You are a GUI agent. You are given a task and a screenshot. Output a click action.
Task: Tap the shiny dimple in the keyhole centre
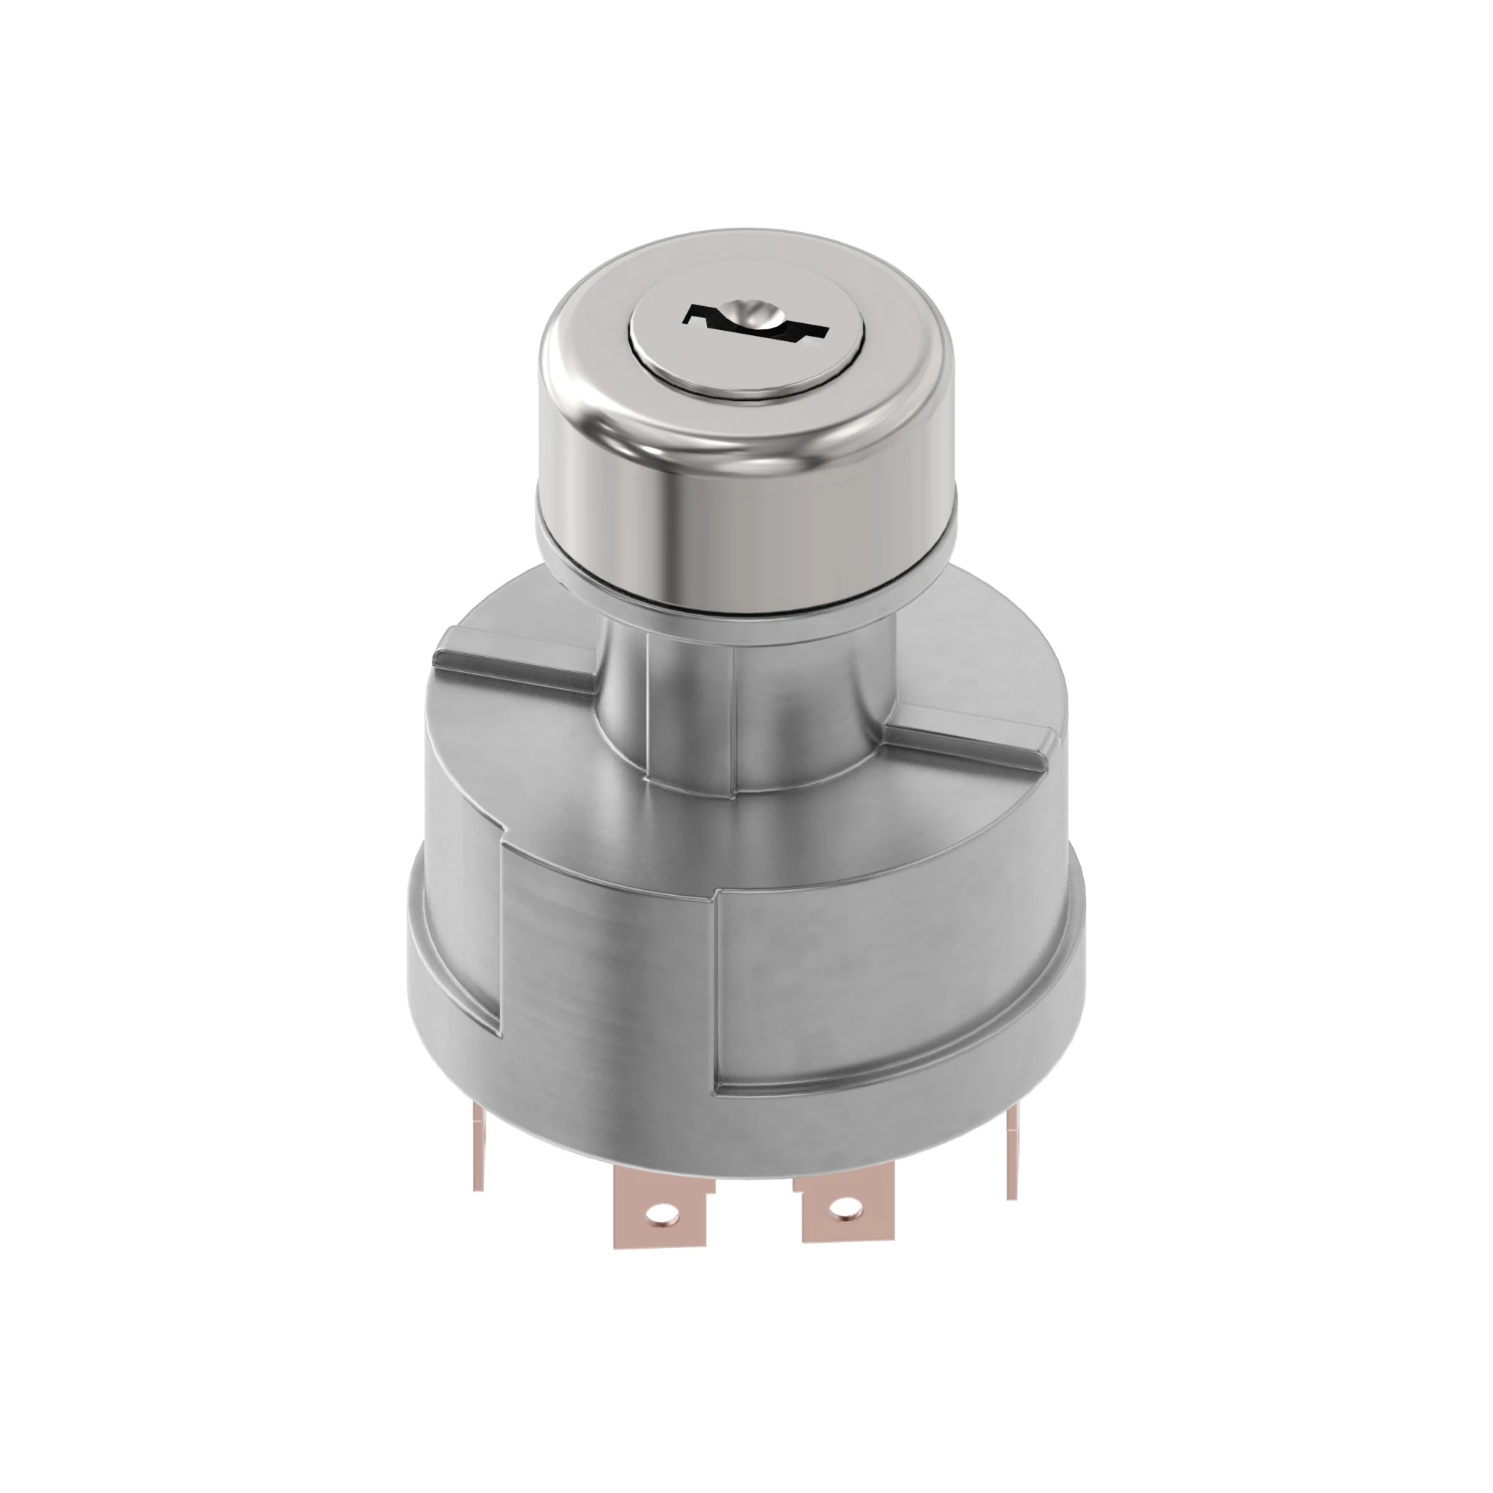(x=751, y=312)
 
